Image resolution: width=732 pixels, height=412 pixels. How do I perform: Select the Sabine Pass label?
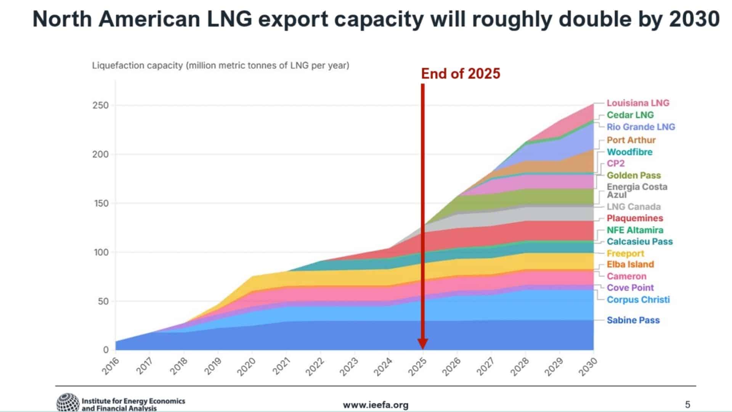point(633,320)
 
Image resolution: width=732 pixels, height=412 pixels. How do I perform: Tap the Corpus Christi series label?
point(638,300)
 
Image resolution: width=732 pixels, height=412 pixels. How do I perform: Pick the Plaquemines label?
point(635,218)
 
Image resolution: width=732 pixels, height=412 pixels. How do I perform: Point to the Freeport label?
point(625,254)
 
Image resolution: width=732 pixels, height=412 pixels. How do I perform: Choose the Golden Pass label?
point(634,175)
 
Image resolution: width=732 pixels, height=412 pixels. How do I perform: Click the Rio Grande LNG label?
point(640,127)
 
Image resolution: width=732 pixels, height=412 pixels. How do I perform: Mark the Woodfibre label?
point(629,152)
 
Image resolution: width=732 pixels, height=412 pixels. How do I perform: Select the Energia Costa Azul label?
point(637,191)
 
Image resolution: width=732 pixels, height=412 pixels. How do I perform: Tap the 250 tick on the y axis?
point(100,105)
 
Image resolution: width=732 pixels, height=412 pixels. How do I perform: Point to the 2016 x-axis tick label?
point(110,366)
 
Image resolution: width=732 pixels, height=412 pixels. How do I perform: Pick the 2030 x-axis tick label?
point(588,366)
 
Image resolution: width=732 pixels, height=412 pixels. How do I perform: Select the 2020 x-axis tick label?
point(246,366)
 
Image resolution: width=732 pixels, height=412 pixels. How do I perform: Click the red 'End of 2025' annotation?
point(461,74)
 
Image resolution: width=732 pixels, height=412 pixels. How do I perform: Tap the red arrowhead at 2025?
point(423,344)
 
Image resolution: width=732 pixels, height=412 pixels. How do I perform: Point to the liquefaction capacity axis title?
point(220,66)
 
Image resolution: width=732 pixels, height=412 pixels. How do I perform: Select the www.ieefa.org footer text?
point(376,405)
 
